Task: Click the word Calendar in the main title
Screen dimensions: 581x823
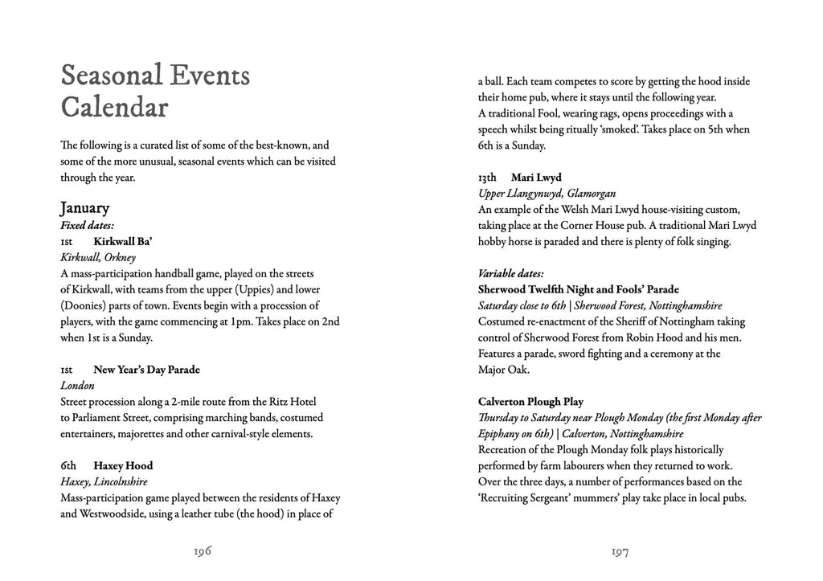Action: [x=114, y=108]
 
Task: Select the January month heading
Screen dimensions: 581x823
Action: [x=84, y=208]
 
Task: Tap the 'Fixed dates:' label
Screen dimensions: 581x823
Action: [x=87, y=225]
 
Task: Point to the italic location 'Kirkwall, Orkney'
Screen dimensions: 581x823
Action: [x=98, y=257]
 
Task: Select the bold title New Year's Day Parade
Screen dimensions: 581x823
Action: [x=146, y=370]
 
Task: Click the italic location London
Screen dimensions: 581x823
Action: [x=77, y=386]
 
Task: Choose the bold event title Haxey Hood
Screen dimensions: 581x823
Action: [x=123, y=466]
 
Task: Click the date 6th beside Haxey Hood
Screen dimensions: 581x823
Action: [x=68, y=466]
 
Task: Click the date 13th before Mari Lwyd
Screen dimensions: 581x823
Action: [x=487, y=177]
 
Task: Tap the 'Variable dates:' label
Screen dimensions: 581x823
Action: [x=510, y=273]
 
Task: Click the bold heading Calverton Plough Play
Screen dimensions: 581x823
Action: [x=530, y=402]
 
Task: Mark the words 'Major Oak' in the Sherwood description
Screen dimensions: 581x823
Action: [x=505, y=370]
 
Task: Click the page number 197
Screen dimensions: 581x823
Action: [x=619, y=551]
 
